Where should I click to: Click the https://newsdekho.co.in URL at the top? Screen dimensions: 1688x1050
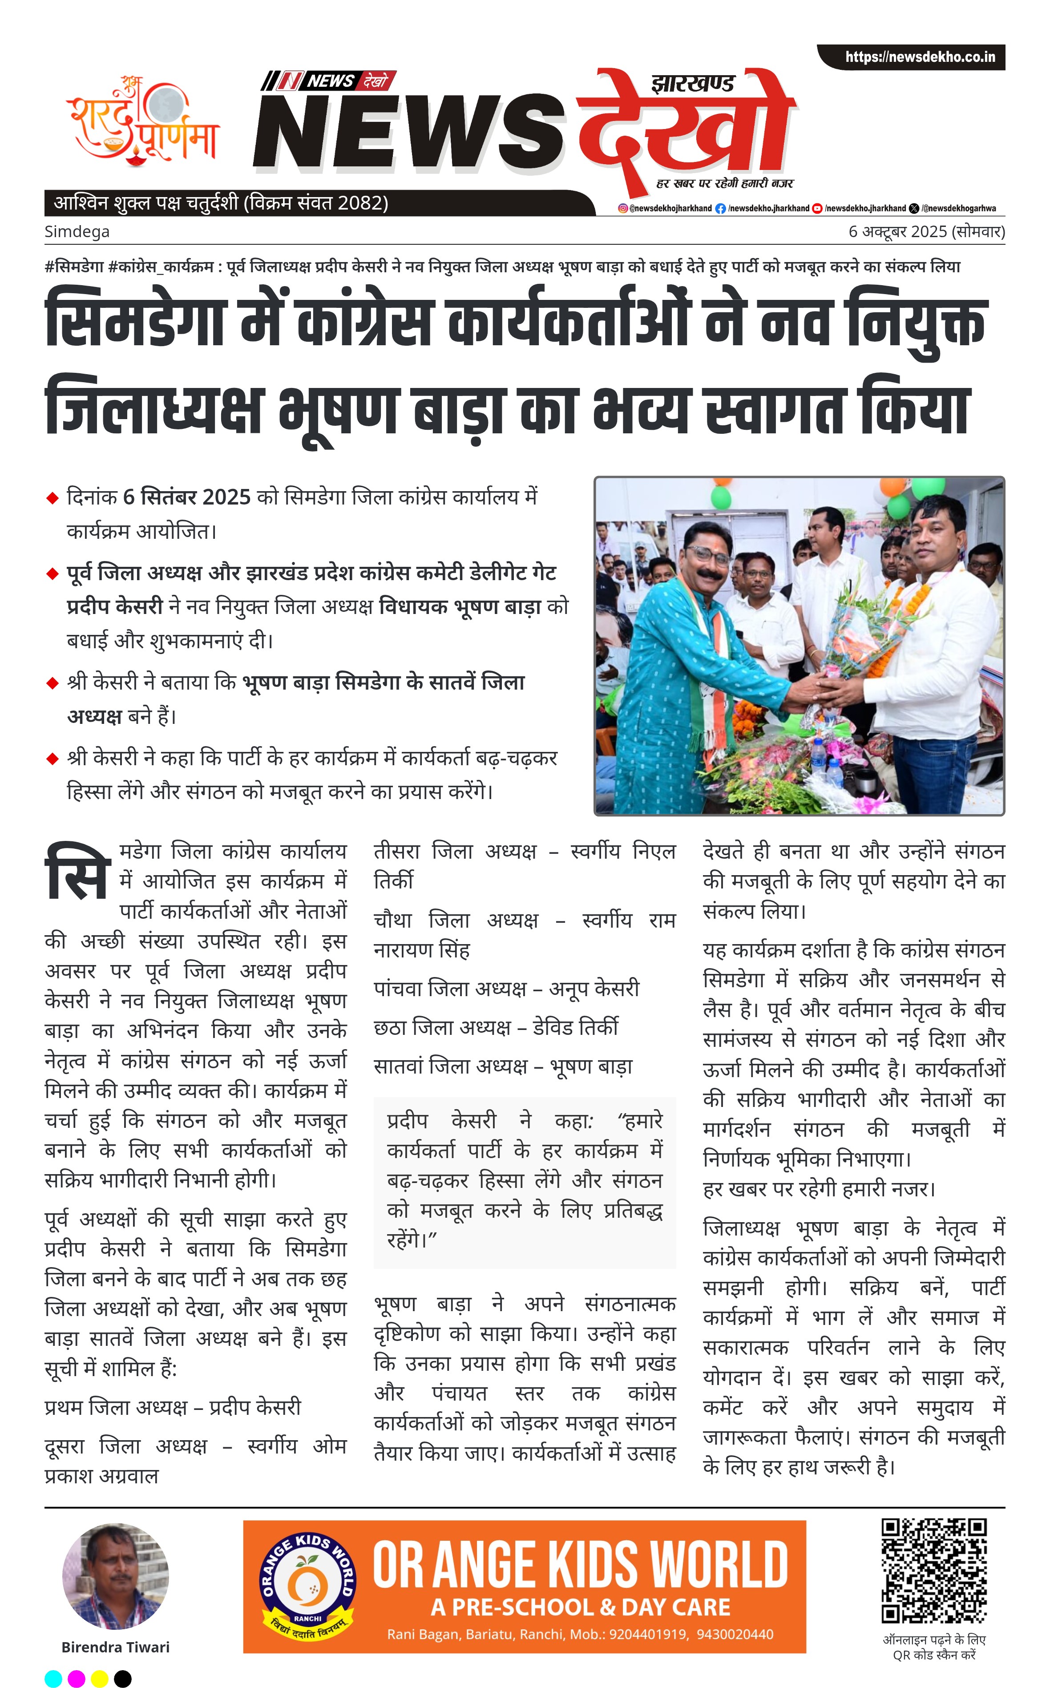pos(920,57)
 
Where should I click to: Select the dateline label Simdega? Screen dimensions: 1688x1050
pos(77,232)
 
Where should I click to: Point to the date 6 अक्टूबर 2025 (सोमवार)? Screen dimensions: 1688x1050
pos(926,232)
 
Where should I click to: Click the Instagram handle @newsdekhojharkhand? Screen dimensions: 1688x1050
pos(665,208)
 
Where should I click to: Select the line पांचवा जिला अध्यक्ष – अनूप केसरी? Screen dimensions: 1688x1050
pos(506,988)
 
